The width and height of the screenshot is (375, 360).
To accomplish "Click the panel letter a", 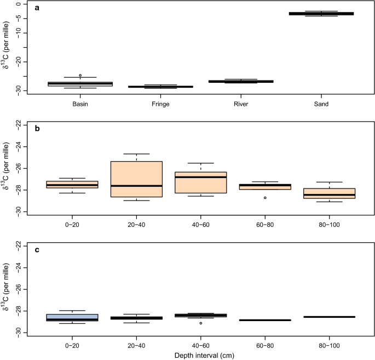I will [x=37, y=8].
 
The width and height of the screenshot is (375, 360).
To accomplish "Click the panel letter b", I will [x=37, y=129].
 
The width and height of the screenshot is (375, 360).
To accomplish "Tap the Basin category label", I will [x=80, y=104].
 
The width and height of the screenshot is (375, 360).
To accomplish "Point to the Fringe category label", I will [x=161, y=104].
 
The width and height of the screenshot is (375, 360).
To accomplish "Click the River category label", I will [x=241, y=104].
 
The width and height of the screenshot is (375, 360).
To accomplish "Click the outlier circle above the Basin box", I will [x=80, y=75].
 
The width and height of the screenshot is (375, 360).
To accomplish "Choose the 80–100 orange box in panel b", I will [x=329, y=193].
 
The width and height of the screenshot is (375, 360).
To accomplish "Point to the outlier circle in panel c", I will [x=201, y=323].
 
